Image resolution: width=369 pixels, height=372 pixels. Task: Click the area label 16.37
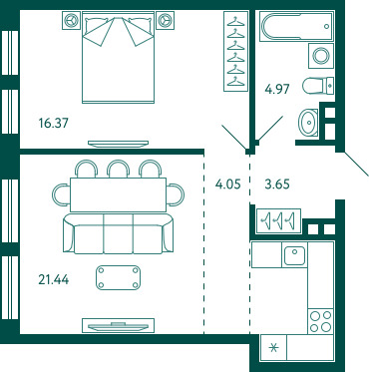click(x=53, y=124)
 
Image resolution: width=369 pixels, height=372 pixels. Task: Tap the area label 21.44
click(x=54, y=279)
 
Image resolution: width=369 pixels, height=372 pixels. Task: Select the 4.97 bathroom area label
click(x=277, y=89)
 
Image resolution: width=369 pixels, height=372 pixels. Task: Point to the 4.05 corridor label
click(x=227, y=184)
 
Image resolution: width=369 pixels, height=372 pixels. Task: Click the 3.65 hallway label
click(x=277, y=184)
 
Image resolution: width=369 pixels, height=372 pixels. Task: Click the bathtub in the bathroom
click(x=296, y=26)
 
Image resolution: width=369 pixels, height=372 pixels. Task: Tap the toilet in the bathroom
click(x=318, y=86)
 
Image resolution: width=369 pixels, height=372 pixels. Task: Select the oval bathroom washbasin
click(x=308, y=123)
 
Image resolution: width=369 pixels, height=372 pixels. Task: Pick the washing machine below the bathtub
click(x=321, y=56)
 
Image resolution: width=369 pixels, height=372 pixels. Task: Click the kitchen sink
click(x=294, y=255)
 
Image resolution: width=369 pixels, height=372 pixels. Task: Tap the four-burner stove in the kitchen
click(x=320, y=321)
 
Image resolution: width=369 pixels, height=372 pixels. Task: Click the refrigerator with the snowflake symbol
click(x=273, y=348)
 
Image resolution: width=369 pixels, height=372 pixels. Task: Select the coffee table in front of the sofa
click(x=118, y=277)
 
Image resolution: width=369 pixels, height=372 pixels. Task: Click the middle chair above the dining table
click(x=118, y=169)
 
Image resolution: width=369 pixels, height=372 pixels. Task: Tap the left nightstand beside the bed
click(x=71, y=20)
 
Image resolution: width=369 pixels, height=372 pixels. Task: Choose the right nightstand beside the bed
click(x=165, y=20)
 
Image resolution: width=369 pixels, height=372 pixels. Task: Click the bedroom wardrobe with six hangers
click(x=236, y=51)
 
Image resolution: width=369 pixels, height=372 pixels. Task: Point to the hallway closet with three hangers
click(x=279, y=220)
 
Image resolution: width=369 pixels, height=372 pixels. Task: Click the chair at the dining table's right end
click(x=176, y=194)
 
